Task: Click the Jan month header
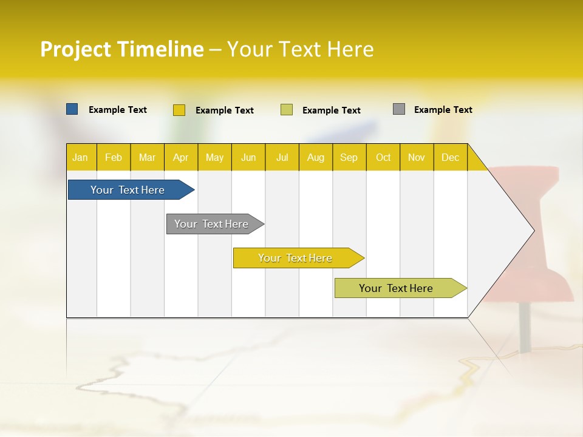click(81, 157)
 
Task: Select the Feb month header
click(114, 157)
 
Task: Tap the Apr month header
click(180, 157)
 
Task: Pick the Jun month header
click(248, 157)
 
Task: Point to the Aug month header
click(315, 157)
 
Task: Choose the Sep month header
click(349, 157)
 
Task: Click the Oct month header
click(383, 157)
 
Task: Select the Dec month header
click(450, 157)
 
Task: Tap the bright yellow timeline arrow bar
click(296, 258)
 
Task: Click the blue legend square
click(72, 109)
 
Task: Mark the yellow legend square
click(179, 110)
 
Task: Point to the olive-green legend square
click(287, 110)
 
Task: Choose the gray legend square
click(399, 109)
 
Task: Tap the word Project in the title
click(75, 49)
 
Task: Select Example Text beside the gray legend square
click(443, 110)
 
